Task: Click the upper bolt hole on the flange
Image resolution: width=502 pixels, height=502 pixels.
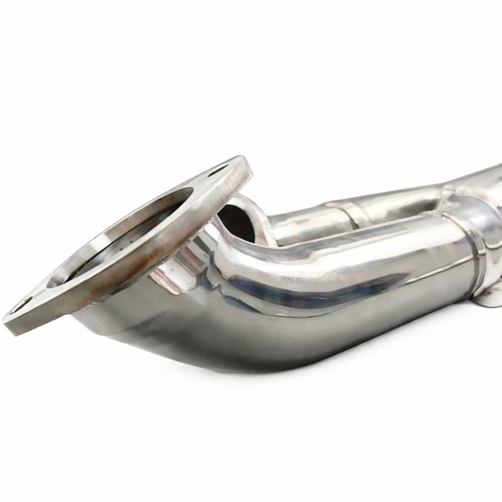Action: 217,171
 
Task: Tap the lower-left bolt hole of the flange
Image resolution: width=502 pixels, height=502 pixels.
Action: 21,305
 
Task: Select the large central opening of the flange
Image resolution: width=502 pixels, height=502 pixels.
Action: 118,240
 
